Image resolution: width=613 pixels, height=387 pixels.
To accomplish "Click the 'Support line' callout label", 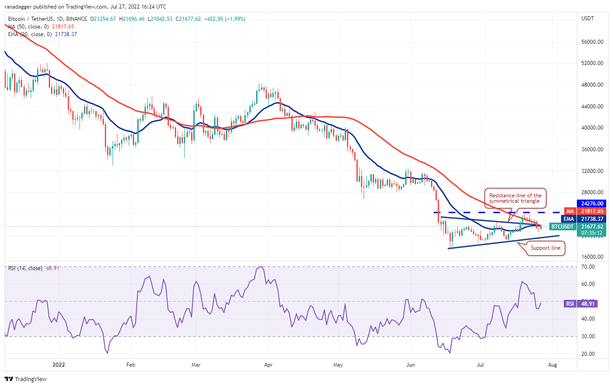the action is click(545, 248).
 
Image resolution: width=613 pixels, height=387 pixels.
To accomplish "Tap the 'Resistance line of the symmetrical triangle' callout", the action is click(515, 198).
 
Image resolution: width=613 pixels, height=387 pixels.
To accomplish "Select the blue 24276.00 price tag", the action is click(592, 204).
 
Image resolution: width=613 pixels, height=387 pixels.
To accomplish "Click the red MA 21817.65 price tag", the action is click(585, 211).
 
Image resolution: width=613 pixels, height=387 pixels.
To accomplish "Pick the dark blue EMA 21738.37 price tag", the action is click(584, 219).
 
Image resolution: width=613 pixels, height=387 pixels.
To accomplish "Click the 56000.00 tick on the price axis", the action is click(592, 42).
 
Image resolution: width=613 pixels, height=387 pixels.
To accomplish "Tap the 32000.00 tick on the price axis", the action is click(592, 171).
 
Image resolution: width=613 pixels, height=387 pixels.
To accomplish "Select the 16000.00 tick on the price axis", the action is click(592, 257).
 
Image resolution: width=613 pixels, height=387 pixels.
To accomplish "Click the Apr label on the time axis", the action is click(268, 364).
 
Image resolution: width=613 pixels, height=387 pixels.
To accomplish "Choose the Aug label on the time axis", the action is click(552, 364).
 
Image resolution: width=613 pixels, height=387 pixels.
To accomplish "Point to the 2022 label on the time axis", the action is click(59, 364).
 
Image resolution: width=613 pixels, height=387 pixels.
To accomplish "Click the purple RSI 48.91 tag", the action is click(580, 304).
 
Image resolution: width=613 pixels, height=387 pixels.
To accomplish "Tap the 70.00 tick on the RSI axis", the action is click(588, 267).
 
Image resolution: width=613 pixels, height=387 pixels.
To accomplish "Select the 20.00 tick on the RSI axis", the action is click(588, 354).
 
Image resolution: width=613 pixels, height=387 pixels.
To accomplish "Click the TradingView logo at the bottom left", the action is click(26, 379).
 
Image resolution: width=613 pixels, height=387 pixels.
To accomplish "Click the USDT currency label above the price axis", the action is click(588, 19).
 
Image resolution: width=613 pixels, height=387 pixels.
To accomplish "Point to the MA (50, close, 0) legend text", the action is click(28, 27).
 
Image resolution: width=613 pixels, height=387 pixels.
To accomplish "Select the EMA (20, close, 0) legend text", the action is click(30, 34).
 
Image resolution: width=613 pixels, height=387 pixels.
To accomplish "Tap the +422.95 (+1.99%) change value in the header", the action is click(225, 19).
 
